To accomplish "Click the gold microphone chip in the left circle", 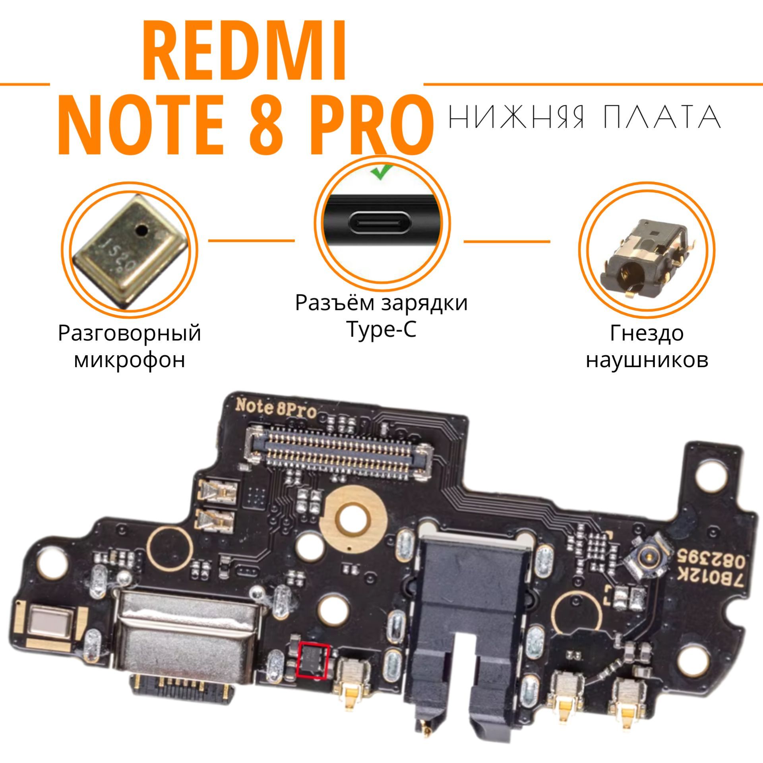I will pyautogui.click(x=129, y=252).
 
